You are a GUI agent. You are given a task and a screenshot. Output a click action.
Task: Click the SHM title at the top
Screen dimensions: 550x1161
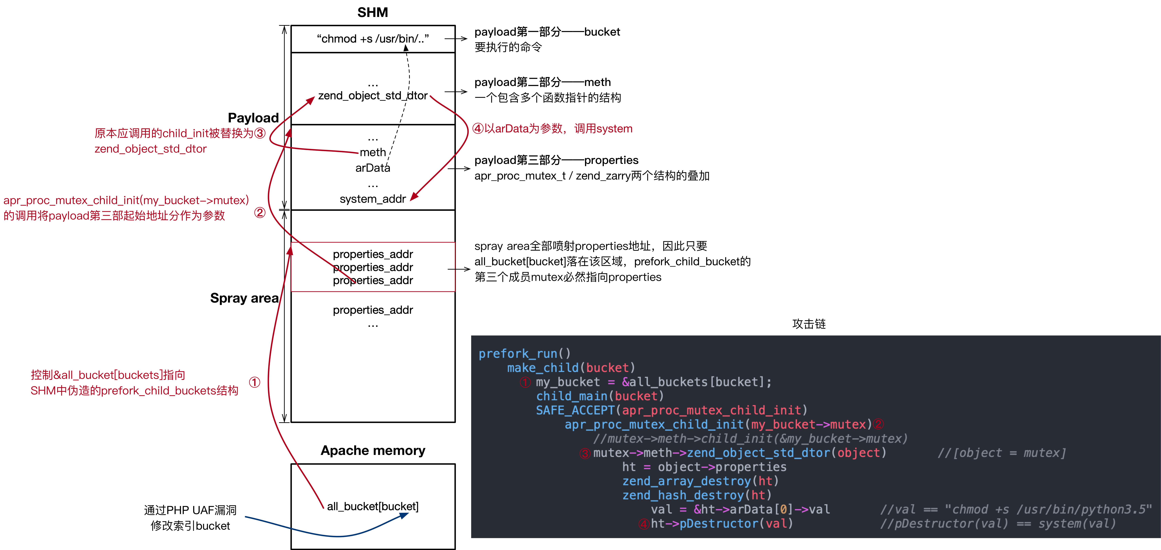click(372, 12)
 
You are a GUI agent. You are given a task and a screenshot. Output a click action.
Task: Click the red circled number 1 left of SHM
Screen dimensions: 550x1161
click(255, 382)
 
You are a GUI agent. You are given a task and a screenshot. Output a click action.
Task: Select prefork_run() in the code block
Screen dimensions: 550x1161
click(524, 354)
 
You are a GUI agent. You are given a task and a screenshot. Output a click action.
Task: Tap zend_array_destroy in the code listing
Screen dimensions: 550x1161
click(686, 481)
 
